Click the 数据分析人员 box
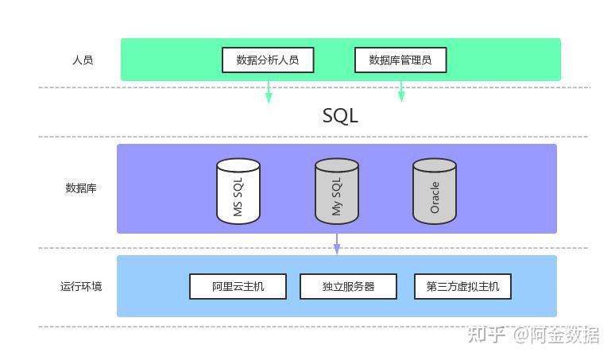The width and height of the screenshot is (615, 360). coord(267,60)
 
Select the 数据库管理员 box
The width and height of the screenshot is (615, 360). coord(400,60)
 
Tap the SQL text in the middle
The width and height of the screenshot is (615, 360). coord(340,115)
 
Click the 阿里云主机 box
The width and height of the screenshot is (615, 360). coord(238,286)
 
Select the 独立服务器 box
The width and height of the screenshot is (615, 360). coord(348,286)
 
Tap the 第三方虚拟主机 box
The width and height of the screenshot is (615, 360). coord(462,286)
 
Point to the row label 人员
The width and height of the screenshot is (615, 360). coord(83,60)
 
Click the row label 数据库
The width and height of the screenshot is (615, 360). coord(81,188)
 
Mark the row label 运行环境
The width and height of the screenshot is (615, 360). coord(81,286)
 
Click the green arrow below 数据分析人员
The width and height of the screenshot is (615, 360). coord(269,92)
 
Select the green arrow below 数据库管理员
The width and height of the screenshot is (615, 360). coord(401,92)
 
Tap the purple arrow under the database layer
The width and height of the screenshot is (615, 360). coord(337,244)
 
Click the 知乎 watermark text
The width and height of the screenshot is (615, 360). coord(486,335)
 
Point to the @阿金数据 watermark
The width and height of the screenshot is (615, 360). coord(556,335)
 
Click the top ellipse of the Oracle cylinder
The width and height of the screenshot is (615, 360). coord(435,165)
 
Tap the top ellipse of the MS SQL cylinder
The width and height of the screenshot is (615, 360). coord(238,165)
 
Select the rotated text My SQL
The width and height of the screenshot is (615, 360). coord(336,196)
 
